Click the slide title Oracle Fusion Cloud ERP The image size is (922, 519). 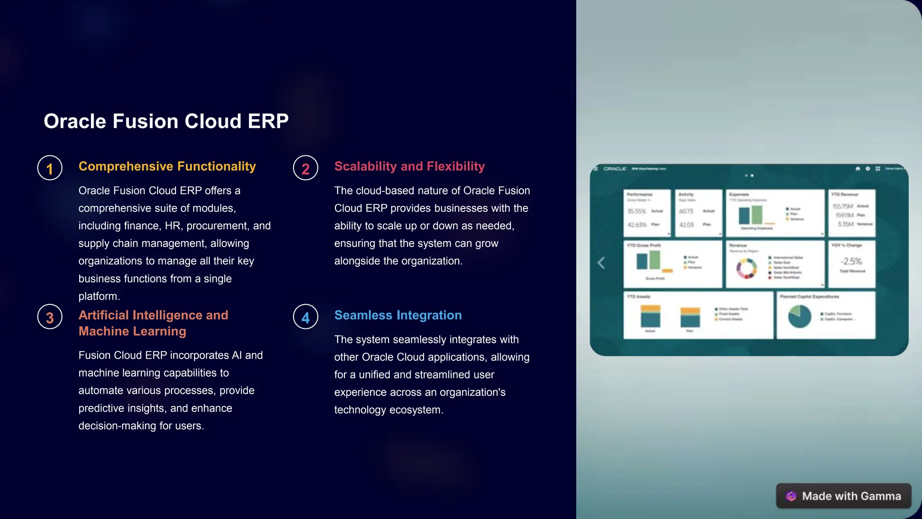[166, 121]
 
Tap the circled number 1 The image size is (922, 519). [50, 168]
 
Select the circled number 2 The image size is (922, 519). [306, 168]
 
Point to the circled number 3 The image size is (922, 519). [50, 317]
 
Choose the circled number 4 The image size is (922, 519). [306, 317]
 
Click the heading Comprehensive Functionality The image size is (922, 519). [167, 166]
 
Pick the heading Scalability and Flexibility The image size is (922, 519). [409, 166]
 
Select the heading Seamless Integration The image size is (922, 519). [398, 315]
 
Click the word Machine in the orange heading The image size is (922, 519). [100, 331]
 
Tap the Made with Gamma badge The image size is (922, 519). [844, 496]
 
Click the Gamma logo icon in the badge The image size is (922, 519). [791, 496]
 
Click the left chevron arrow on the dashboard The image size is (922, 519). [601, 263]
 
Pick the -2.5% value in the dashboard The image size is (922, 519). [851, 261]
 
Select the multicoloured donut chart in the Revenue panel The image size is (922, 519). [746, 269]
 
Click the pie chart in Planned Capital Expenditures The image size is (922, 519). [800, 316]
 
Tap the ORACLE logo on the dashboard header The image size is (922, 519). [615, 168]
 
